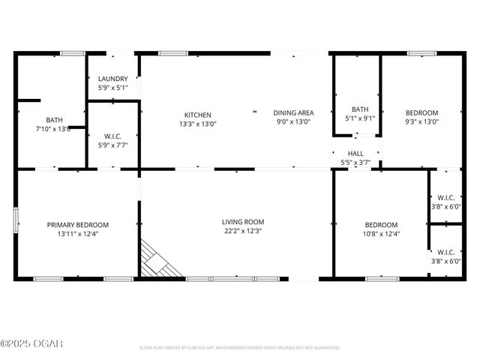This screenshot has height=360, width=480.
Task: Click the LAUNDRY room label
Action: (x=113, y=78)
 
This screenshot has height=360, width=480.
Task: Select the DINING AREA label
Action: (x=293, y=112)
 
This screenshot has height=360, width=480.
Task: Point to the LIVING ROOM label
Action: (x=243, y=221)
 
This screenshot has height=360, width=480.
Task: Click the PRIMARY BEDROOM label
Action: (x=78, y=224)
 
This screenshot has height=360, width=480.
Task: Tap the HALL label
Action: (x=355, y=153)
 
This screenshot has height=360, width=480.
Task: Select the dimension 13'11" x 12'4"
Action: (x=78, y=234)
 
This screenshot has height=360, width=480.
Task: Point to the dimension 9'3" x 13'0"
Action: (x=421, y=121)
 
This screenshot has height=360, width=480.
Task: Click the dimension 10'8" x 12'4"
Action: (x=380, y=234)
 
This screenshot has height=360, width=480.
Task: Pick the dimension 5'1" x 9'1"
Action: (x=360, y=118)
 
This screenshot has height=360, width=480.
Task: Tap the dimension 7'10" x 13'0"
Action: (x=54, y=129)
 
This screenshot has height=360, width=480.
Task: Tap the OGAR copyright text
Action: (x=31, y=343)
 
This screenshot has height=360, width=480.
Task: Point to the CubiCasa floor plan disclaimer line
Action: (x=240, y=348)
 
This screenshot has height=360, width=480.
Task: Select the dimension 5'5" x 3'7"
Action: (x=355, y=162)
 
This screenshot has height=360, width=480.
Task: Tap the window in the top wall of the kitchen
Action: (x=173, y=52)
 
